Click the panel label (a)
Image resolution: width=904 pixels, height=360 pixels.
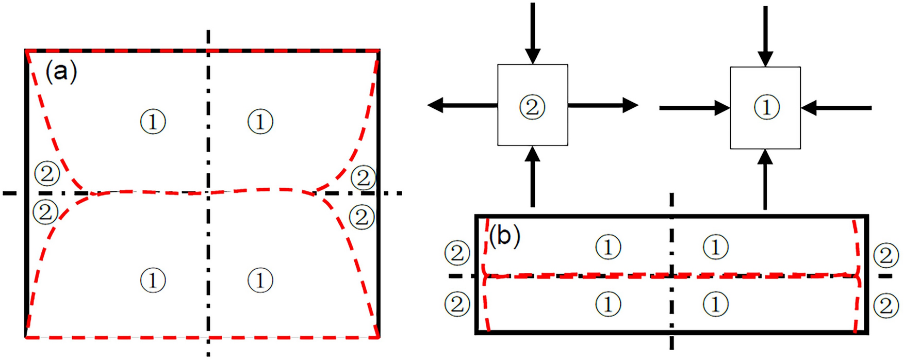(61, 72)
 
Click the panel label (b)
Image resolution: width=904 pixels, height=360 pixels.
(504, 236)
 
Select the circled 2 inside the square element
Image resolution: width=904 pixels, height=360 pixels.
(532, 107)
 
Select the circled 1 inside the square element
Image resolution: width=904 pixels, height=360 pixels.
(766, 107)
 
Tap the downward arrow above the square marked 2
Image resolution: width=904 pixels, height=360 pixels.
(533, 34)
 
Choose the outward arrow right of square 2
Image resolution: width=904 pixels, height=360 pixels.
(603, 105)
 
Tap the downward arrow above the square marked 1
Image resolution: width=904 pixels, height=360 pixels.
(766, 36)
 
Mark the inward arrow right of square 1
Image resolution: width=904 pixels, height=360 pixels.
(836, 108)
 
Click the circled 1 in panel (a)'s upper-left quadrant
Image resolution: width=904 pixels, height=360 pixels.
(153, 122)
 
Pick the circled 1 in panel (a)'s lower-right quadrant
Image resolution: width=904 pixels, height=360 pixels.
(260, 281)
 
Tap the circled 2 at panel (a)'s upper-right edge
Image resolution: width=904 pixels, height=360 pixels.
(363, 178)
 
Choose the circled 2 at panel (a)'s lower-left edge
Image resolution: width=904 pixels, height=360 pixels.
(45, 212)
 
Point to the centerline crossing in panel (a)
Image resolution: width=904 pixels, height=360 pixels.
(208, 193)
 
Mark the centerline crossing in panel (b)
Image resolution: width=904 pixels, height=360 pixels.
(671, 276)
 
